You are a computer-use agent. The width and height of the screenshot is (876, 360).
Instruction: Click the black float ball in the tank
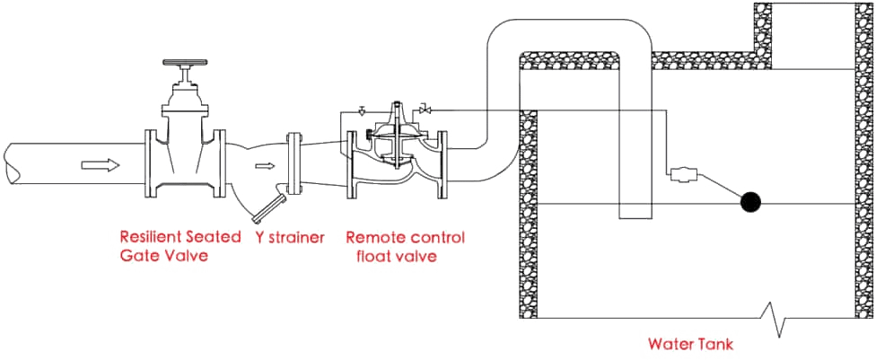pos(749,203)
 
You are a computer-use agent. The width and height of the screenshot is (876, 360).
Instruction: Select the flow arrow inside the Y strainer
pos(263,166)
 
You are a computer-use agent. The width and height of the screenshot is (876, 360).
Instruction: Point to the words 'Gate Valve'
pos(163,255)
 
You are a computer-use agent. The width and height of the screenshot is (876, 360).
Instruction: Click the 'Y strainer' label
pos(283,238)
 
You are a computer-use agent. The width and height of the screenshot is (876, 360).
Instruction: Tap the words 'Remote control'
pos(405,238)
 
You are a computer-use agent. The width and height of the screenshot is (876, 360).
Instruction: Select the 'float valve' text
pos(395,255)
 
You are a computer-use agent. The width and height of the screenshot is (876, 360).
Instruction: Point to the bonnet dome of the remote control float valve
pos(394,120)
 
